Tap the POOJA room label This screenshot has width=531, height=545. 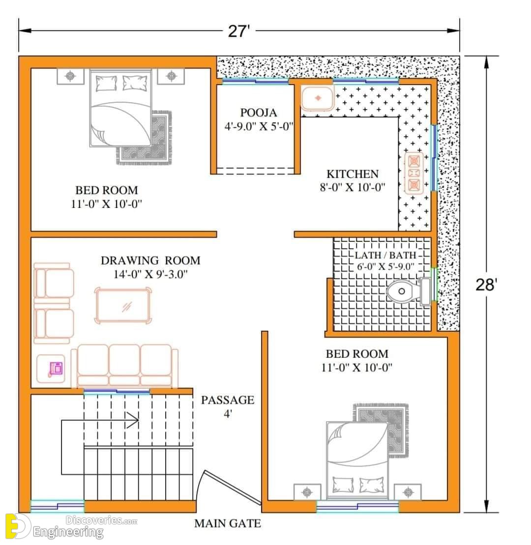coord(259,113)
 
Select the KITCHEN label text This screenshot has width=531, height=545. coord(352,174)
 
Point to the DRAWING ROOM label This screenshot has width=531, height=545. coord(150,260)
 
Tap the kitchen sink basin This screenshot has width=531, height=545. coord(318,98)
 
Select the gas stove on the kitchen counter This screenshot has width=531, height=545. coord(414,173)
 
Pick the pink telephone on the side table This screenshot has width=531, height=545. coord(56,369)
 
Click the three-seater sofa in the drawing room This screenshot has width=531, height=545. coord(124,366)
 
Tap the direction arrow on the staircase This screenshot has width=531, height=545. coord(100,420)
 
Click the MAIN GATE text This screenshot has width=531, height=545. coord(228,523)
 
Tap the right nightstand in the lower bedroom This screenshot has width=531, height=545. coord(408,492)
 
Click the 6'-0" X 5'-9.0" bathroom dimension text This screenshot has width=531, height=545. coord(385,266)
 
